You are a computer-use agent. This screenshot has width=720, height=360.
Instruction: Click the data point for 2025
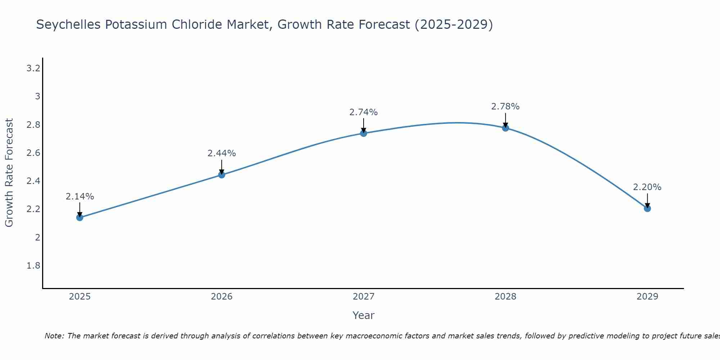[80, 217]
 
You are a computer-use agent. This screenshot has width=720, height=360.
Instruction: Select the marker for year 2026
[222, 175]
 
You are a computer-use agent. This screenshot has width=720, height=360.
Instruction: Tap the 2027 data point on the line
[364, 133]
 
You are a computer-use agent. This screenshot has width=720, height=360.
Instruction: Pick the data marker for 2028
[505, 128]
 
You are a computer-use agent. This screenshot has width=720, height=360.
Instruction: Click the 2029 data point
[647, 208]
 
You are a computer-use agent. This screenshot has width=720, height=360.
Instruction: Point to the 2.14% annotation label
[80, 197]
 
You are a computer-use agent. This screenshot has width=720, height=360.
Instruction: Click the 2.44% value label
[222, 153]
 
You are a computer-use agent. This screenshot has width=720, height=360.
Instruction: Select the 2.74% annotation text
[364, 112]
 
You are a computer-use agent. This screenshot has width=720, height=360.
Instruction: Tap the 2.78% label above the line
[505, 107]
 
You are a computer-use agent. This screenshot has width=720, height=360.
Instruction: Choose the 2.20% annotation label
[647, 187]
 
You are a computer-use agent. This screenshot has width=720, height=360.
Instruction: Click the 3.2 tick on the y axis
[33, 68]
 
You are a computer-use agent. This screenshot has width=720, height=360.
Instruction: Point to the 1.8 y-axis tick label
[33, 266]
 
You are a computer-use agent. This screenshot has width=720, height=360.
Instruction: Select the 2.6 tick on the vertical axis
[33, 153]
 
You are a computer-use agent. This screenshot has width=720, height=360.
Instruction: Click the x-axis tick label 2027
[364, 297]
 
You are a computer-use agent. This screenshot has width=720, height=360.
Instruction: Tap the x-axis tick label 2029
[647, 297]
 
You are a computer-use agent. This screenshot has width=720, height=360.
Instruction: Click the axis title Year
[364, 315]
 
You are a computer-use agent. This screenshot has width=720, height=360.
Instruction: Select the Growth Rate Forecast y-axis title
[9, 173]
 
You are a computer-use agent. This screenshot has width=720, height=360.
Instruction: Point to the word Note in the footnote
[54, 336]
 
